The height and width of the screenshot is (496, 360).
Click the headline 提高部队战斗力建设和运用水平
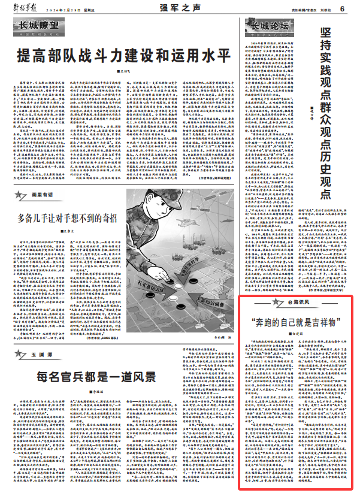coord(123,56)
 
